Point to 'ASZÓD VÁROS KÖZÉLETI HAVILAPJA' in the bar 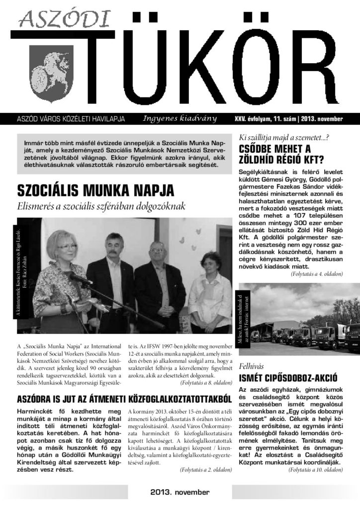tap(71, 119)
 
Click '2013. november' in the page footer tap(180, 493)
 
